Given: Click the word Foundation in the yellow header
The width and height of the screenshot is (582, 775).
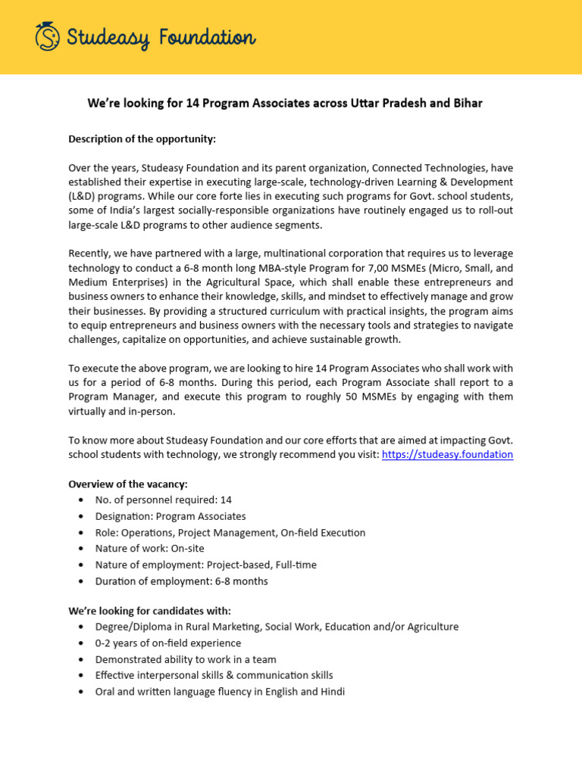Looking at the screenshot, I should [206, 37].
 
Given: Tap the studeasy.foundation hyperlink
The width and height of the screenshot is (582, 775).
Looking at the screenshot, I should [447, 454].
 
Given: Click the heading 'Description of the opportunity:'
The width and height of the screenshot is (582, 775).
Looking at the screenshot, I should [142, 139].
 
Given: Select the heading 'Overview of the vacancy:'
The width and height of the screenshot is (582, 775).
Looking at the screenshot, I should [128, 484].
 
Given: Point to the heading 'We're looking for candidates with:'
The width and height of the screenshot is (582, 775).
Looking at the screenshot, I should [149, 610].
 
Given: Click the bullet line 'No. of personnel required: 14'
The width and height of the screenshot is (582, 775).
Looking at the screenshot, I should [163, 500].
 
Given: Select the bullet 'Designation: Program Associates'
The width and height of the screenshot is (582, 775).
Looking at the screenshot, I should [171, 516].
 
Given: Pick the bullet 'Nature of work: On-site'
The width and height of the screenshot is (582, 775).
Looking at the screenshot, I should [149, 548].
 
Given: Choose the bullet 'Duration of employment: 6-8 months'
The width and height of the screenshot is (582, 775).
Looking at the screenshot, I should [181, 581].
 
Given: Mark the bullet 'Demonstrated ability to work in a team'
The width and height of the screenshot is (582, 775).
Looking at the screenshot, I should [186, 659].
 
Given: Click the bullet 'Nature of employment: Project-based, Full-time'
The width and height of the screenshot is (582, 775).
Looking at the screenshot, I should [205, 565].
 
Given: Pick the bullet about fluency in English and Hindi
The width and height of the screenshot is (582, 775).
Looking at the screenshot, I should [220, 691].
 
